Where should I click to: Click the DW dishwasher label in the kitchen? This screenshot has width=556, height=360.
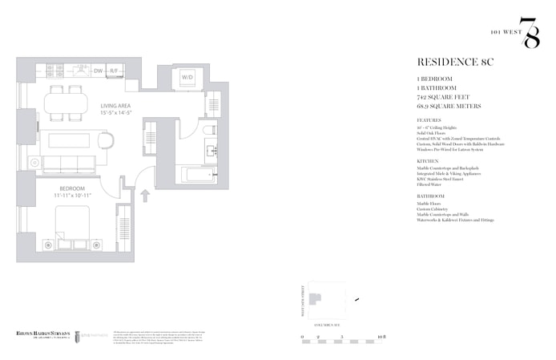pyautogui.click(x=99, y=71)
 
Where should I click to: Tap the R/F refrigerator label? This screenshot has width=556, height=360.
pyautogui.click(x=115, y=71)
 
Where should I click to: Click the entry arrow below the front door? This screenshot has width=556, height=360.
pyautogui.click(x=145, y=194)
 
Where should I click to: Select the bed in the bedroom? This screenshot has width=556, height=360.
pyautogui.click(x=72, y=224)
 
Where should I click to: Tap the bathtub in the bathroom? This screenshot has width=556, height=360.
pyautogui.click(x=195, y=174)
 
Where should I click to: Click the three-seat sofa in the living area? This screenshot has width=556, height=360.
pyautogui.click(x=69, y=165)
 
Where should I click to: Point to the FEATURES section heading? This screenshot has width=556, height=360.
pyautogui.click(x=430, y=119)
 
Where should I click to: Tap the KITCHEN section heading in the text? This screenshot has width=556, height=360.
pyautogui.click(x=429, y=160)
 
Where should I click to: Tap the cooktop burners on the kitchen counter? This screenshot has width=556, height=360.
pyautogui.click(x=69, y=71)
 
